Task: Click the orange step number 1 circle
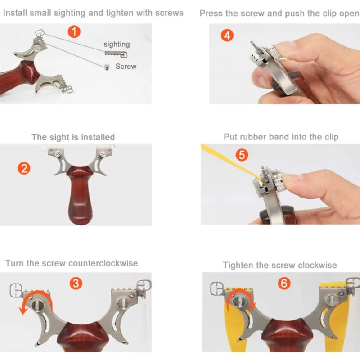74,31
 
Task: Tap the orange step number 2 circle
24,168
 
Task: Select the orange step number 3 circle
76,283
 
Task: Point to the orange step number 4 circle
227,36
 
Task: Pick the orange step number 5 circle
242,154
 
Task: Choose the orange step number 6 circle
284,283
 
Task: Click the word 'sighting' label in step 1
117,44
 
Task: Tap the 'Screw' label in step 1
126,66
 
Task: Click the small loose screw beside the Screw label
107,67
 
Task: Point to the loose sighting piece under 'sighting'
116,54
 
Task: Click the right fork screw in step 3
121,303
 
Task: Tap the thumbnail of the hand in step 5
291,178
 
